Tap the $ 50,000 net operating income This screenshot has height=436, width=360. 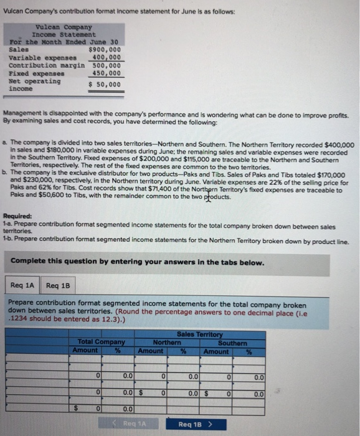pyautogui.click(x=105, y=84)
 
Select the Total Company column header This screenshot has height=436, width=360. pyautogui.click(x=101, y=342)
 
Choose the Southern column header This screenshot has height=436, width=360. pyautogui.click(x=233, y=342)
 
